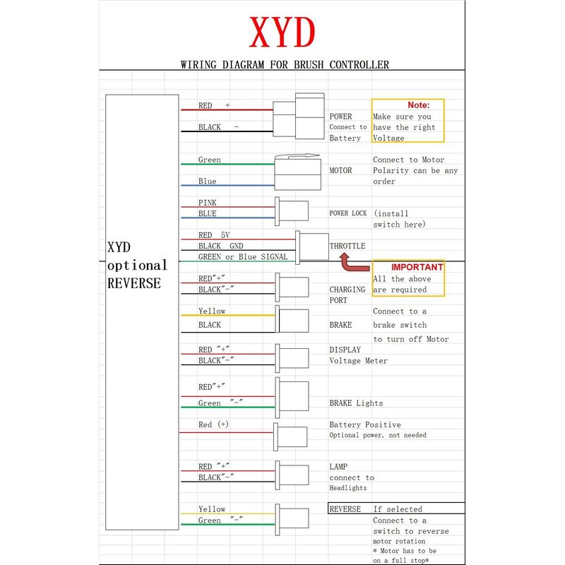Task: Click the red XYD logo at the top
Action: click(x=282, y=32)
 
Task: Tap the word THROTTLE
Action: click(x=347, y=246)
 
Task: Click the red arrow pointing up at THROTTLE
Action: click(x=355, y=262)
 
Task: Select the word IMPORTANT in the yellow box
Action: click(x=417, y=267)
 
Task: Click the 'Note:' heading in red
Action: click(x=419, y=105)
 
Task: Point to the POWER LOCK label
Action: click(x=348, y=213)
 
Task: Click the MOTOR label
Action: click(x=340, y=170)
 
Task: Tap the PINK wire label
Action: click(x=207, y=203)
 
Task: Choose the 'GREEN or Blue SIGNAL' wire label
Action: click(x=243, y=257)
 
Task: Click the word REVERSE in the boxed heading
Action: click(x=345, y=509)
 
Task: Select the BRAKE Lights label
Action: click(x=356, y=403)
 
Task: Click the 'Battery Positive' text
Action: click(x=365, y=425)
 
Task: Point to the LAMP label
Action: click(x=338, y=467)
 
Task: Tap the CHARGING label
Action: click(x=347, y=290)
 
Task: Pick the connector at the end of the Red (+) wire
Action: click(x=290, y=436)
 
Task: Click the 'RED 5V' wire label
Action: click(x=214, y=235)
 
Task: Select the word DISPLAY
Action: click(x=345, y=350)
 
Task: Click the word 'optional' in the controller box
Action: click(x=137, y=266)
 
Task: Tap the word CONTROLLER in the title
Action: click(x=359, y=65)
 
